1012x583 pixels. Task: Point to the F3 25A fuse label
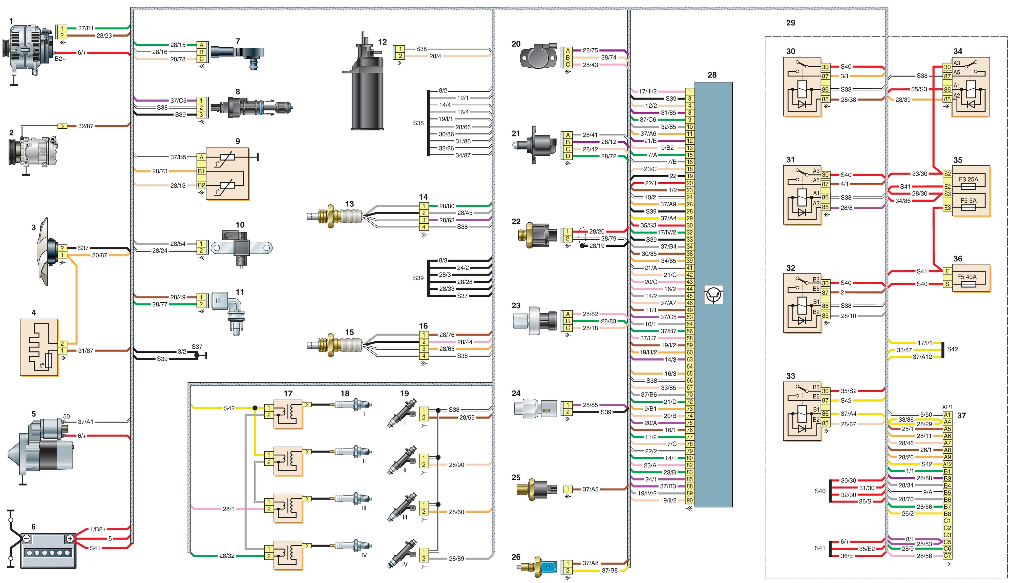tap(968, 179)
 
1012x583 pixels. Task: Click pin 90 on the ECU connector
tap(690, 500)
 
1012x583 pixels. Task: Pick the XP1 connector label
tap(947, 407)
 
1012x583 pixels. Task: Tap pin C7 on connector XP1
tap(947, 556)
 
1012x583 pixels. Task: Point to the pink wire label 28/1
tap(228, 509)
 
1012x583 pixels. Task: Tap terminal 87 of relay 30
tap(825, 76)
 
